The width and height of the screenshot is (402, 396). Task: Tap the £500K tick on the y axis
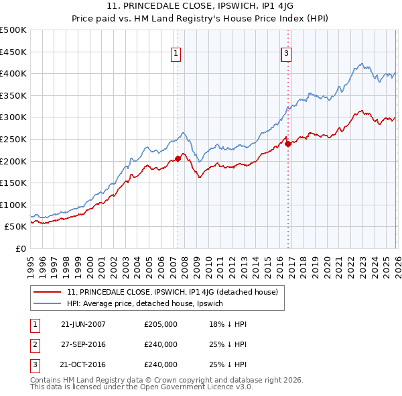click(x=13, y=30)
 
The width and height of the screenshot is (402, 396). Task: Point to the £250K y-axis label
click(x=13, y=139)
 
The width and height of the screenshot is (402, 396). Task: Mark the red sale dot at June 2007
click(x=178, y=158)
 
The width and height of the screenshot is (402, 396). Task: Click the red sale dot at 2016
click(x=288, y=143)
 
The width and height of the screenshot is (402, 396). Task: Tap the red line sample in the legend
click(x=48, y=291)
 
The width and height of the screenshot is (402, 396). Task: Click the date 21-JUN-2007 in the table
click(x=83, y=324)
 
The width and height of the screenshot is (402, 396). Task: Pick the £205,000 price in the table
click(x=161, y=324)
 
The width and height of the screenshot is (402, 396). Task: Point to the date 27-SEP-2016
click(x=83, y=344)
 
